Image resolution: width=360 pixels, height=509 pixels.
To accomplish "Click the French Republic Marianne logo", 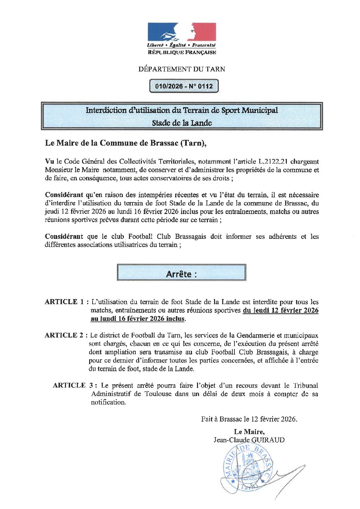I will tap(182, 32).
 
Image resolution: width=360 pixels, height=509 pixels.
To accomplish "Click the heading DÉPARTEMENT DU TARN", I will tap(182, 69).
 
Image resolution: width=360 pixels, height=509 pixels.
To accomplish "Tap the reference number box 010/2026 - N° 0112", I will tap(184, 86).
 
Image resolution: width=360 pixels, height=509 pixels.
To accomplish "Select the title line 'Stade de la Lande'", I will tap(182, 123).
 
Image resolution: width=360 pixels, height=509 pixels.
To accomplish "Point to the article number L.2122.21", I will tap(271, 161).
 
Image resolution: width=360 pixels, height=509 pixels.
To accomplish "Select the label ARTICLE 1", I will tap(64, 302).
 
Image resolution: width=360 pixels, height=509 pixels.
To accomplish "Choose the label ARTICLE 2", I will tap(64, 335).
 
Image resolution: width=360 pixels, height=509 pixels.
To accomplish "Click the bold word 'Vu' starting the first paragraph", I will tap(49, 161).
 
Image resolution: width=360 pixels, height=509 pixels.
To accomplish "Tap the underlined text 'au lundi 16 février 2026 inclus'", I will tap(138, 319).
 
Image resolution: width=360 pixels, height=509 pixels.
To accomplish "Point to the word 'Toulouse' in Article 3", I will tap(158, 394).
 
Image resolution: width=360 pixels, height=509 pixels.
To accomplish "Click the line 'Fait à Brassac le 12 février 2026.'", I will tap(249, 419).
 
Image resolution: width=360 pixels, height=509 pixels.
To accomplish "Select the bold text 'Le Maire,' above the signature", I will tap(249, 432).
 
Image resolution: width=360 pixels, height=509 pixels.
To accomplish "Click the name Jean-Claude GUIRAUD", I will tap(249, 440).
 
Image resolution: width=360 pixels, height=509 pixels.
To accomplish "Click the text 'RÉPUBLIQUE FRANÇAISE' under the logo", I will tap(182, 52).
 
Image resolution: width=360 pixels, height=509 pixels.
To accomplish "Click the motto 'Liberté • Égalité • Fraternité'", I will tap(181, 45).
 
